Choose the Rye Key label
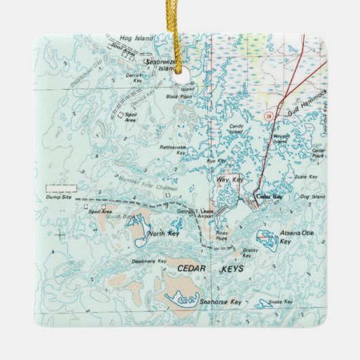coord(215,161)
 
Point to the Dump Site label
coord(61,197)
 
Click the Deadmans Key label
coord(149,261)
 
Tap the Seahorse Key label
coord(220,301)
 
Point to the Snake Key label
coord(280,301)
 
